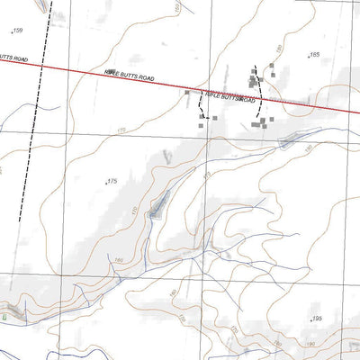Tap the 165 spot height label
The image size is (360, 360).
tap(314, 55)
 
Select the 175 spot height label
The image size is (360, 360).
tap(112, 182)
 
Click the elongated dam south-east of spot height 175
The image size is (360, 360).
tap(158, 205)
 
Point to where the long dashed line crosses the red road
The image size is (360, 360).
tap(38, 65)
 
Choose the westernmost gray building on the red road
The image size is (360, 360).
tap(187, 91)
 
